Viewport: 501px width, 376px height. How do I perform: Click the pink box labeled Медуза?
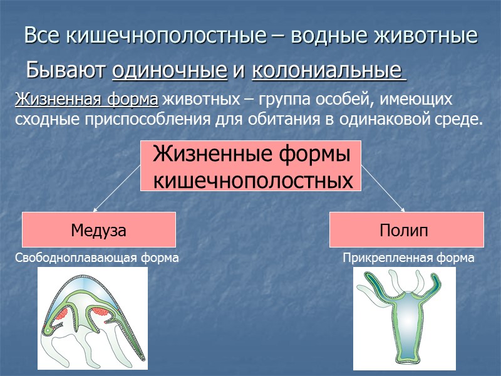99,230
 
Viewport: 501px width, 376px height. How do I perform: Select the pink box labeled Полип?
406,230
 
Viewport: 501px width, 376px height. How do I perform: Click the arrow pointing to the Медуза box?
116,191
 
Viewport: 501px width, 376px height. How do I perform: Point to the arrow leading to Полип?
383,191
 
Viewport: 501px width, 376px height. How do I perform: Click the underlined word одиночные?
169,70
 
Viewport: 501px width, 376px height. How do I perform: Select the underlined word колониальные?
328,70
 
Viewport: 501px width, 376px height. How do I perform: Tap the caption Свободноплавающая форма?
97,258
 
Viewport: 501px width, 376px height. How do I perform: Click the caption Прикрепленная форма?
408,258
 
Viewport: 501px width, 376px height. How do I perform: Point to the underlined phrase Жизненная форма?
86,100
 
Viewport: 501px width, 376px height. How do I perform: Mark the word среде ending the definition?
463,119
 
